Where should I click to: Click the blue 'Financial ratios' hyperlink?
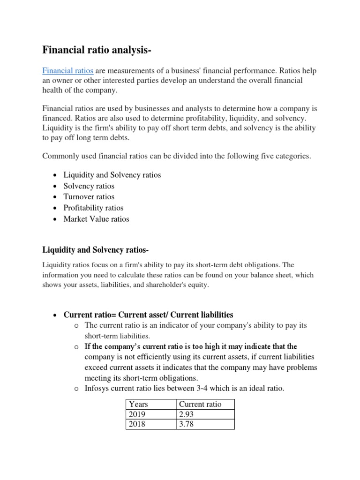pos(67,71)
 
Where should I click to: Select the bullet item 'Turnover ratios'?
pos(89,197)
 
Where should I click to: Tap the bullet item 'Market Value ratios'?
pos(96,219)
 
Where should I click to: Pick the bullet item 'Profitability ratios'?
pos(93,208)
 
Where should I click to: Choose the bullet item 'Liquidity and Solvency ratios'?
pos(112,175)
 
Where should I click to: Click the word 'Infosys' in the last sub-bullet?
pos(97,388)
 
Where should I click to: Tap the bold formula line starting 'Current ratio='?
pos(148,315)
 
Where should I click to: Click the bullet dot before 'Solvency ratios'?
pos(55,186)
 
